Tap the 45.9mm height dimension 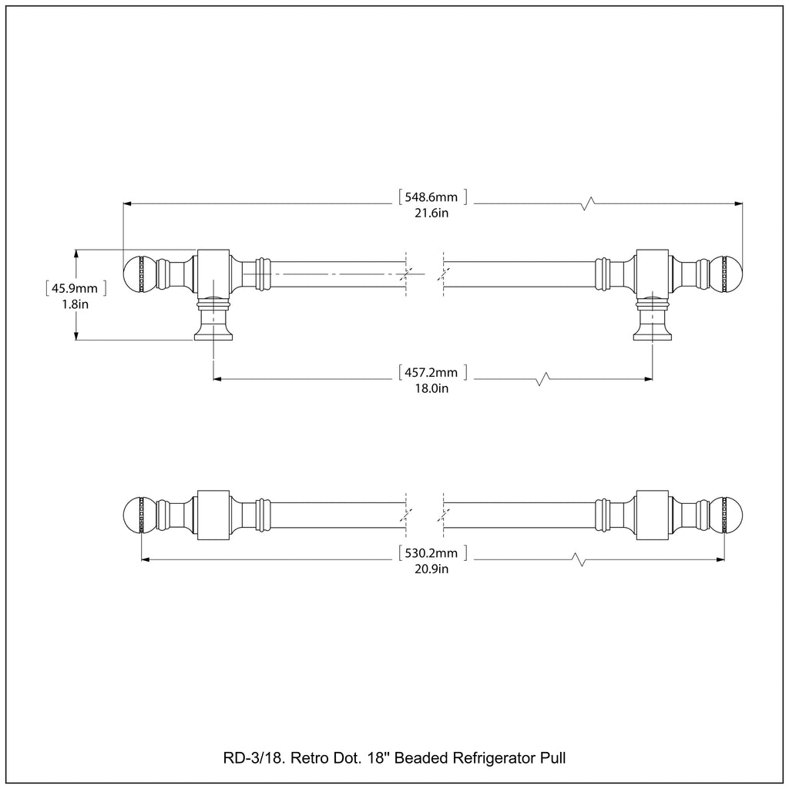point(75,288)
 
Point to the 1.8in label point(75,304)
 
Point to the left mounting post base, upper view point(213,330)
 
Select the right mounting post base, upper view point(653,330)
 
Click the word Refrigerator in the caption point(494,758)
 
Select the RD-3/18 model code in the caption point(247,758)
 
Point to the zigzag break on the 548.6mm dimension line point(589,203)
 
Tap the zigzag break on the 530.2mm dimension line point(576,559)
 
